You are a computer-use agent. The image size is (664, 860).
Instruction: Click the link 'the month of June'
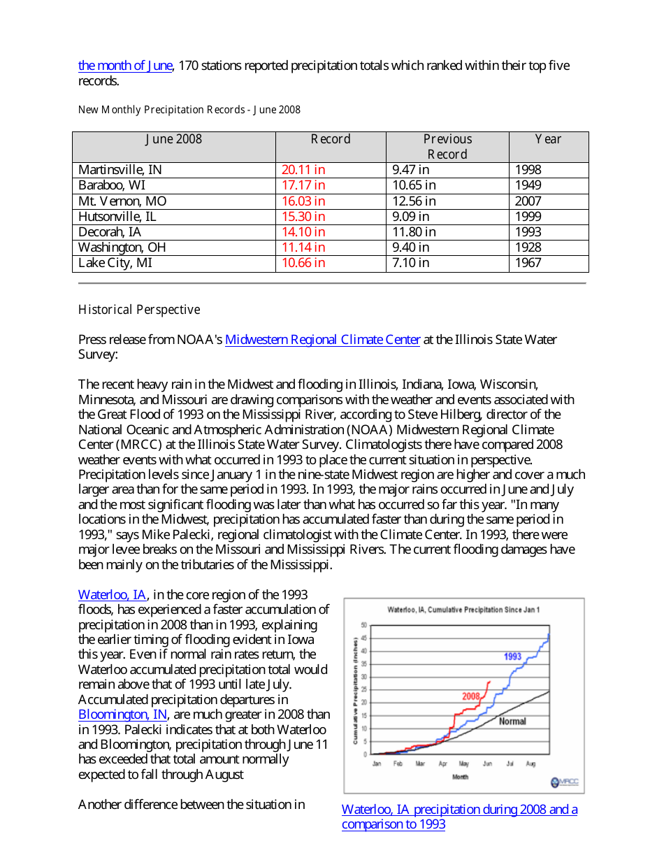tap(124, 66)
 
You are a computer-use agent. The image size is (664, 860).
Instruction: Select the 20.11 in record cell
tap(303, 170)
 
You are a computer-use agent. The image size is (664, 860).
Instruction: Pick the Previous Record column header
tap(447, 147)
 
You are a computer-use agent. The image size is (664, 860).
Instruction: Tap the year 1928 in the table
tap(528, 247)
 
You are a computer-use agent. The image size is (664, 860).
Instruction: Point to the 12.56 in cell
tap(414, 201)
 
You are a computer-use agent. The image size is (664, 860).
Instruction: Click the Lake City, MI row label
tap(115, 263)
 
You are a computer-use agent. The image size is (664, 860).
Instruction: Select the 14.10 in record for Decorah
tap(303, 231)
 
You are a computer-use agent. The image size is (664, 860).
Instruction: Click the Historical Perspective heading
tap(139, 310)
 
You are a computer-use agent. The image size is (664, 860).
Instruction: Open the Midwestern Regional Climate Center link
tap(322, 340)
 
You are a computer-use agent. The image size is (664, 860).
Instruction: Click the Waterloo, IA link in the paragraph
tap(113, 595)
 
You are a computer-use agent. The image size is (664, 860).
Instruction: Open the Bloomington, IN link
tap(123, 715)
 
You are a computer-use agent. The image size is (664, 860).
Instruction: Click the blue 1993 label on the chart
tap(512, 657)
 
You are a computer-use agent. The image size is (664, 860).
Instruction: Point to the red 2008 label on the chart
tap(470, 696)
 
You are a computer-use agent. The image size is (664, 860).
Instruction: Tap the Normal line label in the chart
tap(512, 722)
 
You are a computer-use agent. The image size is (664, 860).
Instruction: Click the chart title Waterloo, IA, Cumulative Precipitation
tap(463, 610)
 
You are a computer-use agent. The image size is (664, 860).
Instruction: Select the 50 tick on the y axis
tap(363, 624)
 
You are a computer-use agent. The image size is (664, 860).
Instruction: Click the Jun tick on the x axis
tap(487, 764)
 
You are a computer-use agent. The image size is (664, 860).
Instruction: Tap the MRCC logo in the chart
tap(564, 782)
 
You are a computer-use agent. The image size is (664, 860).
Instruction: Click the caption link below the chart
tap(459, 817)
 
